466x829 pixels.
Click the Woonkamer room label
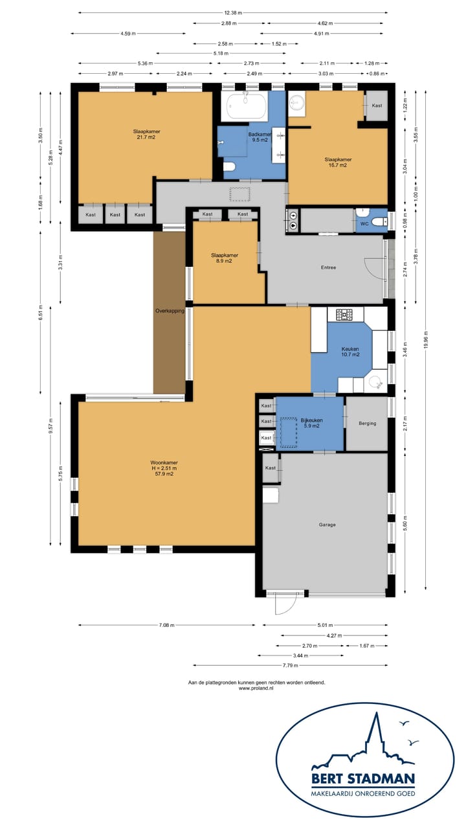(x=164, y=462)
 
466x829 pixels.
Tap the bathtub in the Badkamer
(x=247, y=106)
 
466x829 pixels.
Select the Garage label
(x=327, y=525)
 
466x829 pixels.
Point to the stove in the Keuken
(x=344, y=314)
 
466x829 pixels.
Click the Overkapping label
(x=170, y=311)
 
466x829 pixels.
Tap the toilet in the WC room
(x=379, y=221)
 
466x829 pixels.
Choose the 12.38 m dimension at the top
(x=233, y=12)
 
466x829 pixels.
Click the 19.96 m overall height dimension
(x=426, y=339)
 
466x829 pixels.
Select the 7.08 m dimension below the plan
(x=166, y=625)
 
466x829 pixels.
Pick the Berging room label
(x=367, y=423)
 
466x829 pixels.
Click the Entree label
(x=328, y=267)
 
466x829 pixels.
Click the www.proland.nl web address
(x=256, y=688)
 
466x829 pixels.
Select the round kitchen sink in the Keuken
(x=375, y=383)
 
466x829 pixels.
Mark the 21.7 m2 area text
(x=146, y=137)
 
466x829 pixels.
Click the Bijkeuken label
(x=312, y=420)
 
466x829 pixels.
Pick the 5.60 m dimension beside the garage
(x=405, y=523)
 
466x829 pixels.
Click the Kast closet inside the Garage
(x=271, y=468)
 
